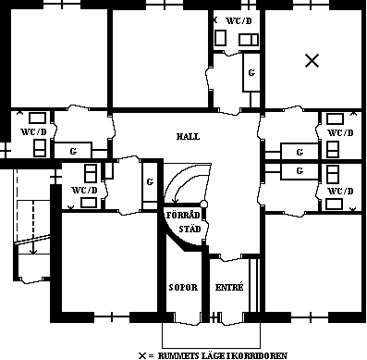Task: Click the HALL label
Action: [188, 136]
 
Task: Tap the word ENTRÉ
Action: [229, 287]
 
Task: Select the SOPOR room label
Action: [183, 288]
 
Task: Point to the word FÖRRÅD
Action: [183, 215]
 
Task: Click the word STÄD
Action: [190, 229]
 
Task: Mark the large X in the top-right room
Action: [312, 60]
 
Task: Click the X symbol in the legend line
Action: [142, 355]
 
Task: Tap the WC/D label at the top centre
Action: [239, 20]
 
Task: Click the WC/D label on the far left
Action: [33, 132]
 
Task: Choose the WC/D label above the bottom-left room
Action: [84, 190]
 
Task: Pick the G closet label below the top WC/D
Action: [251, 72]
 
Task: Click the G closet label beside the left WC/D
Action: [73, 151]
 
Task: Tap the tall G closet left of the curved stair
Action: [150, 182]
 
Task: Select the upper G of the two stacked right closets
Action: [300, 152]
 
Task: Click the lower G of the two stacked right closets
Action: [300, 170]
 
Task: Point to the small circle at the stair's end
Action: [203, 204]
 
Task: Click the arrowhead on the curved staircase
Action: [175, 201]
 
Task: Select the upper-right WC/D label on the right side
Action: [340, 132]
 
